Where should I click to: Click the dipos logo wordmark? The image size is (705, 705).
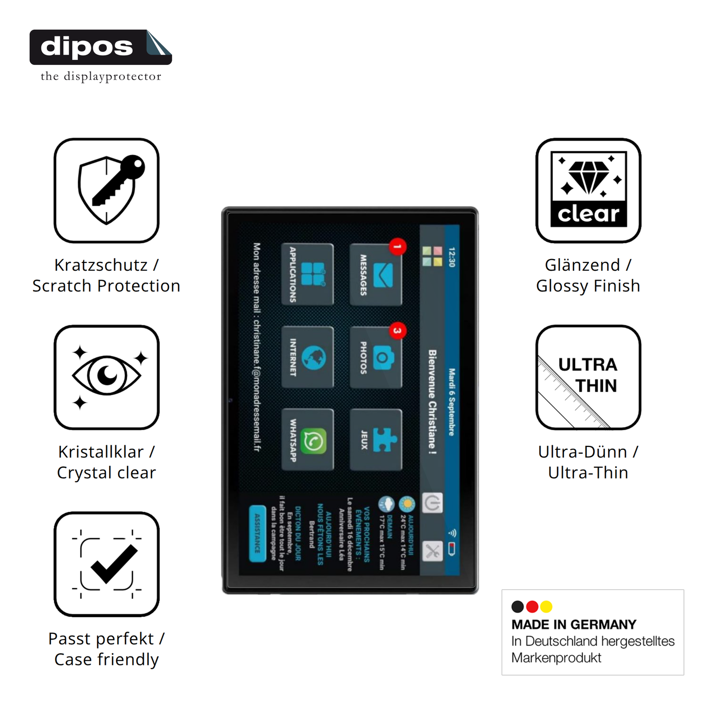pos(87,47)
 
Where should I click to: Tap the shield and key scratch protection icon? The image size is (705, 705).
pos(107,190)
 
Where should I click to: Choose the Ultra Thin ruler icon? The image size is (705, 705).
pos(588,377)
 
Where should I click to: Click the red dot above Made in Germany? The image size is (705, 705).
pos(532,606)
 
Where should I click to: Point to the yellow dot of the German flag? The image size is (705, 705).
pos(546,606)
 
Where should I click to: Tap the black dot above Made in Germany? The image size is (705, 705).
pos(518,606)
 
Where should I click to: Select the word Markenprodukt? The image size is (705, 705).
pos(556,658)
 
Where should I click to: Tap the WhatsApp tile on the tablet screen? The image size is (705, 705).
pos(308,440)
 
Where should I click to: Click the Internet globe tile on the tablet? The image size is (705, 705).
pos(308,357)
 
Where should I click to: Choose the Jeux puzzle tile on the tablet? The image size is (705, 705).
pos(376,440)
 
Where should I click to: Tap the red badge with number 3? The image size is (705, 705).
pos(398,331)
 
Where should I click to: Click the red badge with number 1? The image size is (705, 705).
pos(398,247)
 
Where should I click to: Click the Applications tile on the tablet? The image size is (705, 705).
pos(308,274)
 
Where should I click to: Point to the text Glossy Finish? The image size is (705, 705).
pos(588,286)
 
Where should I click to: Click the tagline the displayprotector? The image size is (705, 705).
pos(101,77)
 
